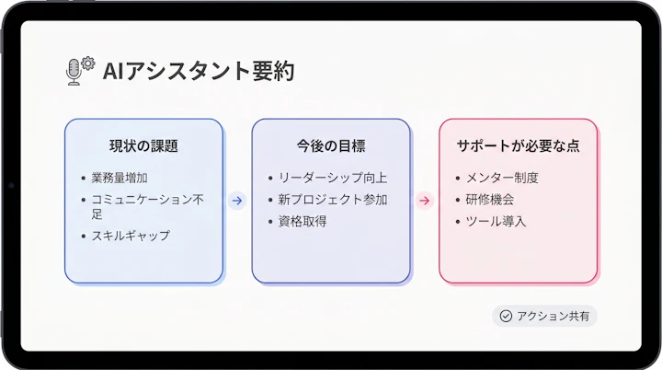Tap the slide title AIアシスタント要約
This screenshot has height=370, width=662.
click(x=199, y=71)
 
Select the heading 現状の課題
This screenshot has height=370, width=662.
click(x=143, y=145)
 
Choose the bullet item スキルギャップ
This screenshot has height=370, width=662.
click(x=130, y=236)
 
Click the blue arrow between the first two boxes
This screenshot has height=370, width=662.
click(x=237, y=201)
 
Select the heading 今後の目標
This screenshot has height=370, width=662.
click(x=331, y=145)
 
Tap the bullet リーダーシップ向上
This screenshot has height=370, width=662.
click(x=332, y=177)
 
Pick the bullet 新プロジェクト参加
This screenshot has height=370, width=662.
click(x=332, y=199)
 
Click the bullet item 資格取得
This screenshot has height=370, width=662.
click(x=302, y=221)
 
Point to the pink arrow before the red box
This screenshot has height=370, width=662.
click(x=424, y=201)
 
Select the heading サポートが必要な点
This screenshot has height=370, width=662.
click(x=519, y=145)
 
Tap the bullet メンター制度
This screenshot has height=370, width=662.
click(x=502, y=177)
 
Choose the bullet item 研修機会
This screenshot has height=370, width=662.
click(x=490, y=199)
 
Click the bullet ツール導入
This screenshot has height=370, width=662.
click(x=496, y=221)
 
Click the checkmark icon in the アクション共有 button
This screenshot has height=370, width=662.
click(x=506, y=316)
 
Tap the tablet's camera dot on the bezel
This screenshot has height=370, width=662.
click(x=10, y=185)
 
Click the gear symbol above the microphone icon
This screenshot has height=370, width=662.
click(x=88, y=63)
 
